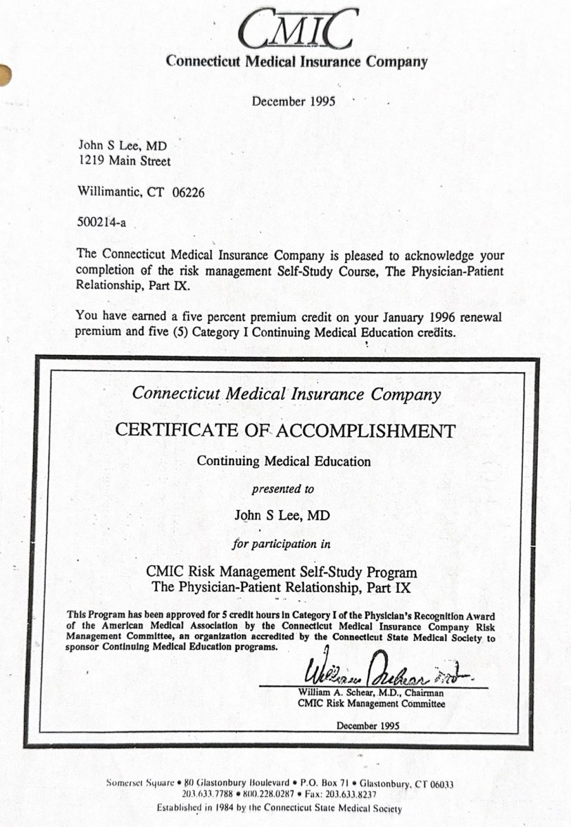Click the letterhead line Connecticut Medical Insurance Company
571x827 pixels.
coord(297,61)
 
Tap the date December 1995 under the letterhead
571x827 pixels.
coord(293,101)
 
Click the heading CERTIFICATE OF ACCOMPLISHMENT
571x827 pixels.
coord(285,431)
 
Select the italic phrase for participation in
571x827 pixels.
coord(282,544)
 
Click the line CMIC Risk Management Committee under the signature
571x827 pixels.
coord(371,704)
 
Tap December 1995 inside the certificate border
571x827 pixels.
coord(367,726)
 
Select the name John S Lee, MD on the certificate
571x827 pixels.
coord(283,515)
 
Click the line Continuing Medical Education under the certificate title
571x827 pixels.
coord(284,461)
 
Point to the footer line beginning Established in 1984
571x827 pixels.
coord(279,808)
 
